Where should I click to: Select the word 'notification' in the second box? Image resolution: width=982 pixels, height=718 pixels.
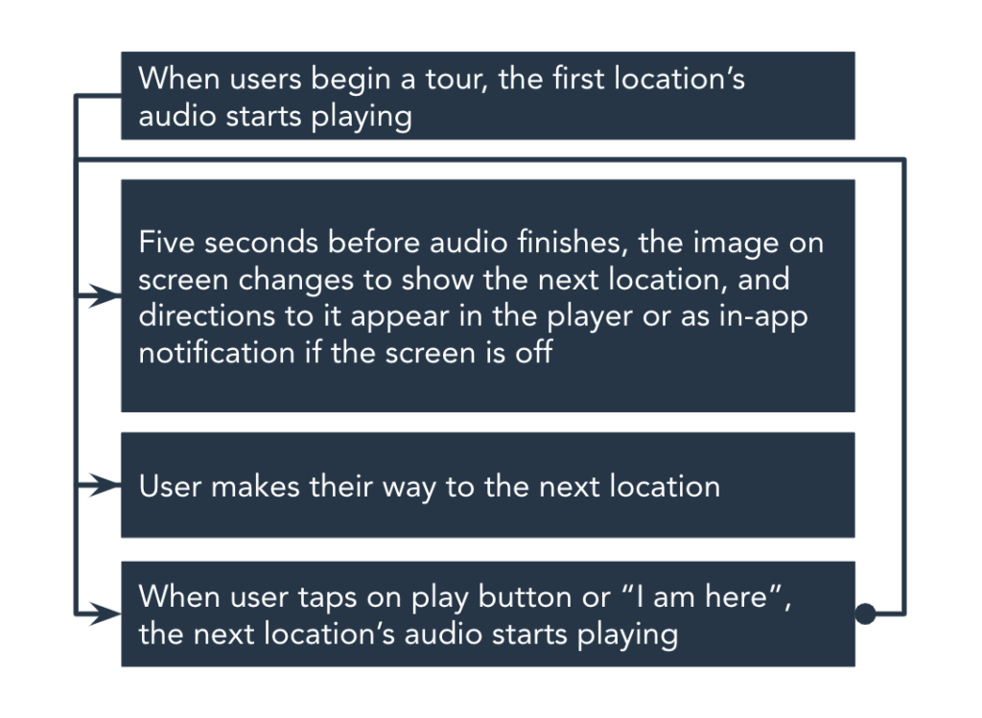[217, 353]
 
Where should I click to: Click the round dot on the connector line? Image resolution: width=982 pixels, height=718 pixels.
[865, 614]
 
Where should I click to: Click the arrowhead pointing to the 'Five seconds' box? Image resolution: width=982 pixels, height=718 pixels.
[105, 295]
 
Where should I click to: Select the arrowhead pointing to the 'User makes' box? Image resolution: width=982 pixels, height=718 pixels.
[105, 485]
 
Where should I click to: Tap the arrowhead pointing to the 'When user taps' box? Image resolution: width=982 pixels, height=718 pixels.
[105, 614]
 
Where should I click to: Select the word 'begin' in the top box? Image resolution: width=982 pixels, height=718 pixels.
[346, 81]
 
